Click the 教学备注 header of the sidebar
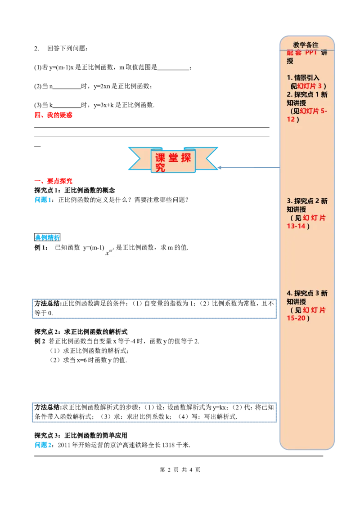tap(306, 45)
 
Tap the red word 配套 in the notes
tap(295, 53)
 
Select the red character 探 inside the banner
tap(186, 158)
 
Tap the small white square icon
tap(110, 252)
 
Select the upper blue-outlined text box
tap(153, 309)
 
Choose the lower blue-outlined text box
tap(153, 411)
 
